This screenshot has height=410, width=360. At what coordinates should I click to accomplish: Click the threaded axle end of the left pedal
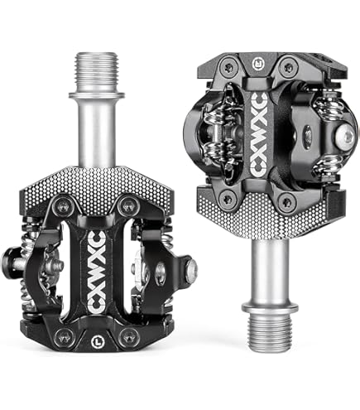coord(97,72)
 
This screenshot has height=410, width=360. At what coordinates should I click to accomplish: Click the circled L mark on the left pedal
coord(96,341)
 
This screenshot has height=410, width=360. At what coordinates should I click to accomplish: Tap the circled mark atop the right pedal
coord(257,64)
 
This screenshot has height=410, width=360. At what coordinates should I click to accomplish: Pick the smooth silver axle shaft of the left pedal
coord(97,133)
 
